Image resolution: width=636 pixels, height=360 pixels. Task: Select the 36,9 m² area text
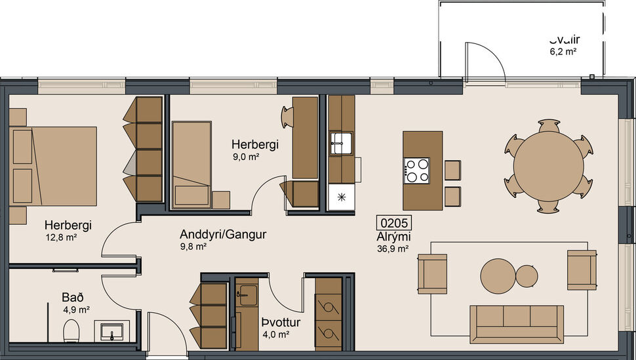coord(393,249)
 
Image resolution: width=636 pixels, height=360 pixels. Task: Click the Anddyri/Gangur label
coord(223,234)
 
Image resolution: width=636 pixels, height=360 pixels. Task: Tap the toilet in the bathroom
coord(71,331)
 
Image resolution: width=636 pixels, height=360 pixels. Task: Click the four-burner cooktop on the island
coord(417,170)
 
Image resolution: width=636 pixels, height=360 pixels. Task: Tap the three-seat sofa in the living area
coord(516,324)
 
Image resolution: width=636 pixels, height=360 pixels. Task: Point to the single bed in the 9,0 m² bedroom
coord(191,164)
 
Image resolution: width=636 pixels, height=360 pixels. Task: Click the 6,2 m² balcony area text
coord(563,50)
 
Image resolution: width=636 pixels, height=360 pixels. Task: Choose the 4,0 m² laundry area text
coord(275,334)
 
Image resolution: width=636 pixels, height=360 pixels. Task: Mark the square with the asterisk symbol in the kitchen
coord(341,197)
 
